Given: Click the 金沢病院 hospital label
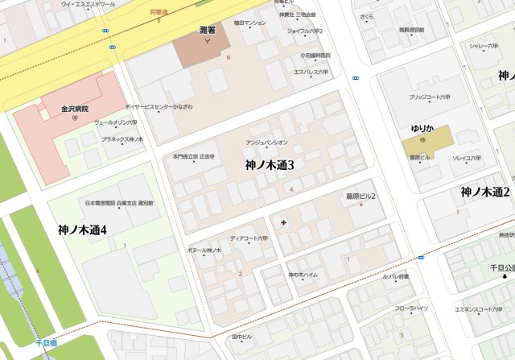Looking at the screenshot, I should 74,109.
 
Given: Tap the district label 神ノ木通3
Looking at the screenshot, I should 270,164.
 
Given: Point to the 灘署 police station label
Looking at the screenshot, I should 208,30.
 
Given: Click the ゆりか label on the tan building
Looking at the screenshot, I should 422,128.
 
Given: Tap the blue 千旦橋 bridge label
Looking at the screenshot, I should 46,343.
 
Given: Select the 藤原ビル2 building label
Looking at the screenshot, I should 361,196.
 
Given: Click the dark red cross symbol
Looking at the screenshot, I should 282,221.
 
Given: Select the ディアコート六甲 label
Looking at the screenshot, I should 249,238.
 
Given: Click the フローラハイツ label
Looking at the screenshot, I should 411,308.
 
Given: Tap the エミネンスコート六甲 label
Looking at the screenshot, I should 479,309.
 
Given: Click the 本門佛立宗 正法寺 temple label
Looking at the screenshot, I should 194,156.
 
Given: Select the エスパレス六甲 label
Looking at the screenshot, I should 311,72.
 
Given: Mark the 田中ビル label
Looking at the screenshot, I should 241,336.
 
